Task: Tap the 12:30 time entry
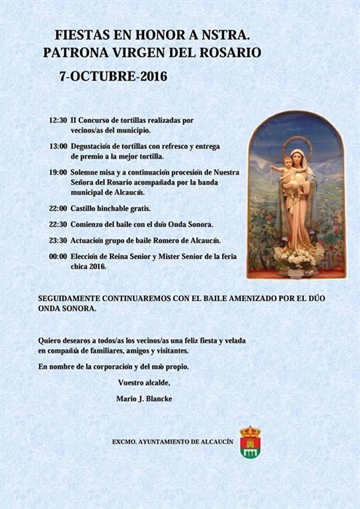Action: click(x=58, y=120)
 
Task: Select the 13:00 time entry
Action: click(x=58, y=145)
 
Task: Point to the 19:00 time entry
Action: click(x=58, y=172)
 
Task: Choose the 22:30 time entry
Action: click(x=58, y=225)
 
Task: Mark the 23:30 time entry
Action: click(x=58, y=241)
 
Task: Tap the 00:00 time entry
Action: click(x=58, y=257)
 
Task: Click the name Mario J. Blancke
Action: click(x=145, y=398)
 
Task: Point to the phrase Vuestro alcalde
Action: click(x=143, y=382)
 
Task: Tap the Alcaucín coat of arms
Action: click(x=250, y=443)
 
